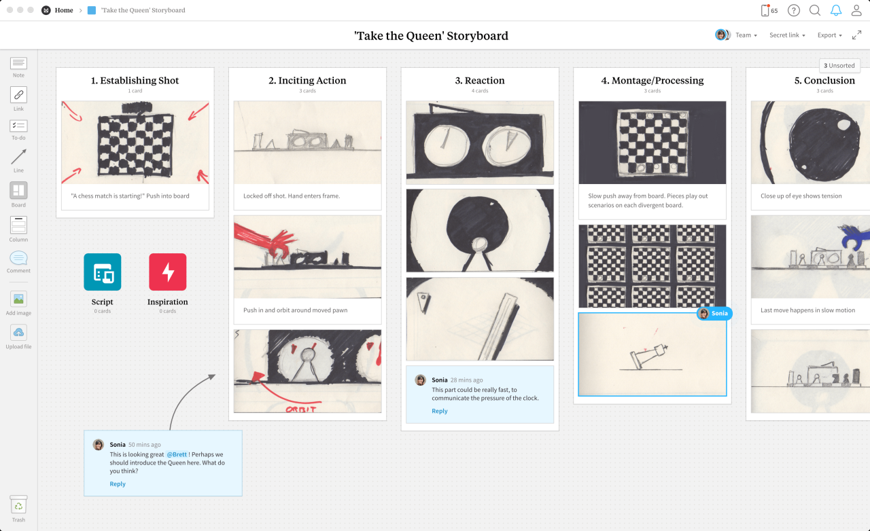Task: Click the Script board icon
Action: (x=103, y=272)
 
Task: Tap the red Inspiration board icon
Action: (x=167, y=272)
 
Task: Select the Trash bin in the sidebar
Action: (x=18, y=505)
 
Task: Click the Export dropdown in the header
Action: (x=829, y=35)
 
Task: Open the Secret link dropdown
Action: (x=787, y=35)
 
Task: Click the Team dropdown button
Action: (x=746, y=35)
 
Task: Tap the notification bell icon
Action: (x=836, y=10)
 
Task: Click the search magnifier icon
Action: (x=815, y=10)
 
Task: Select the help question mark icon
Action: (x=793, y=10)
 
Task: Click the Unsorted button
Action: (x=839, y=66)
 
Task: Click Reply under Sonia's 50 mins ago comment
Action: (x=118, y=484)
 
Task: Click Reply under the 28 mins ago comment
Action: (x=440, y=411)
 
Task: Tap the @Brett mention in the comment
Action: (x=177, y=454)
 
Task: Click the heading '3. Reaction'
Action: (x=480, y=80)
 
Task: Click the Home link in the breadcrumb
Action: (x=64, y=10)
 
